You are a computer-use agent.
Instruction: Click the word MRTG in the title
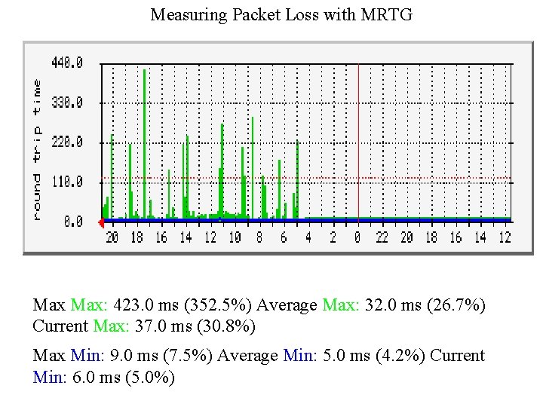pos(387,14)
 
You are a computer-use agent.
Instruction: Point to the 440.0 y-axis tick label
pos(67,63)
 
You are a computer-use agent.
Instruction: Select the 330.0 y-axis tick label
pos(67,102)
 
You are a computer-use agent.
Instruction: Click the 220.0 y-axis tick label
pos(67,142)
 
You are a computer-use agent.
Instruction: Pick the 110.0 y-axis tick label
pos(67,182)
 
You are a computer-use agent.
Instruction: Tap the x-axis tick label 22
pos(382,237)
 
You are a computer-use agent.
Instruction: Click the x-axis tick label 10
pos(235,237)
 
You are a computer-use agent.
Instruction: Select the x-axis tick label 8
pos(259,237)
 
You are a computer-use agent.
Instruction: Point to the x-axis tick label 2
pos(333,237)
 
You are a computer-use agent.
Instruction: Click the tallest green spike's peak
pos(143,70)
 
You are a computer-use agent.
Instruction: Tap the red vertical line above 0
pos(357,136)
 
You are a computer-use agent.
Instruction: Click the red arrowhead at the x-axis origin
pos(101,222)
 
